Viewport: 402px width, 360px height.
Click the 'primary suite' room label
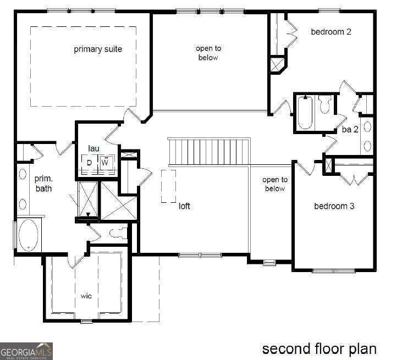98,49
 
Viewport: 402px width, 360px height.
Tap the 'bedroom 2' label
331,32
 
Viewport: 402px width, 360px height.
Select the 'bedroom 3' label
334,206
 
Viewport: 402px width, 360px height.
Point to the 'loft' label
184,207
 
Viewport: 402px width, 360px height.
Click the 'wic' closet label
86,296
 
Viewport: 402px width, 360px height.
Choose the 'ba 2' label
350,130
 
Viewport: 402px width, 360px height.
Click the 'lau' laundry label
93,148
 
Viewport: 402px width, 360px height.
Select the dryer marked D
89,163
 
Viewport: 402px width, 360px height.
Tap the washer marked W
105,163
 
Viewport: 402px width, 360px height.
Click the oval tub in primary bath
28,235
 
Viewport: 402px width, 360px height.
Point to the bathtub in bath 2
305,113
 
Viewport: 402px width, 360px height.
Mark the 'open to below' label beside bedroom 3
274,184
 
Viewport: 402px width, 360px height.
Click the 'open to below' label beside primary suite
207,53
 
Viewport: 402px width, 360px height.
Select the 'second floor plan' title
319,348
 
